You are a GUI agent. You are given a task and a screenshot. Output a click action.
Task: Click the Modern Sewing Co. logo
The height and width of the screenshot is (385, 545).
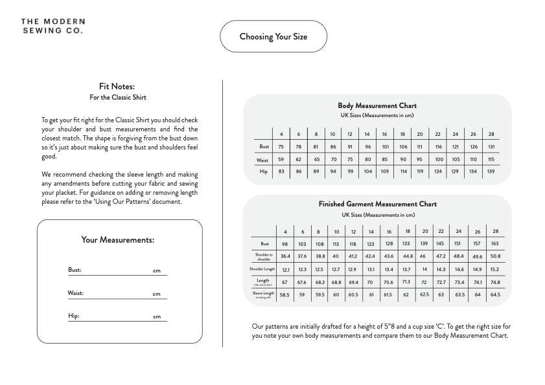[x=52, y=26]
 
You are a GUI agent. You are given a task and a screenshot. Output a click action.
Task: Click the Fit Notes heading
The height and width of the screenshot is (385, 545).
[x=117, y=86]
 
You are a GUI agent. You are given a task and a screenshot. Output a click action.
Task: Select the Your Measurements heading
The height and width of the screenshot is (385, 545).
[x=117, y=240]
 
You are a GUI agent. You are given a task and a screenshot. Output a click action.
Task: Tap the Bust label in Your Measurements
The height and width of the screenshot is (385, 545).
[x=75, y=270]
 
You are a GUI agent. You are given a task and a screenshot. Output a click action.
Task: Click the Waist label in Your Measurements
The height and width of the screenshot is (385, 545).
[x=76, y=293]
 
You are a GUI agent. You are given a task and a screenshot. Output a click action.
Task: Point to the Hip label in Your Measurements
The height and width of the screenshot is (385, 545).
[x=73, y=316]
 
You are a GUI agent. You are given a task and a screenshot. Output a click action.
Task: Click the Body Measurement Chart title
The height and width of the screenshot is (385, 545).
[x=377, y=105]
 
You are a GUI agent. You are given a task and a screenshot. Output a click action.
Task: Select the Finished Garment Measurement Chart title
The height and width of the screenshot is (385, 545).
[x=377, y=204]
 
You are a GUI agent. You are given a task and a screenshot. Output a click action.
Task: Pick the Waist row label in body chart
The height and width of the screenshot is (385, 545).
[x=262, y=159]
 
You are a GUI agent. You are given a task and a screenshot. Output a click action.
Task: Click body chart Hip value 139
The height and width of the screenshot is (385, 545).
[x=491, y=171]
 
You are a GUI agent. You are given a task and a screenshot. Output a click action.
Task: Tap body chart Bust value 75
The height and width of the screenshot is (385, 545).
[x=281, y=147]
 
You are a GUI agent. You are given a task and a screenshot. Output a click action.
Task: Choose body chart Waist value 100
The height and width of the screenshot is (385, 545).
[x=439, y=159]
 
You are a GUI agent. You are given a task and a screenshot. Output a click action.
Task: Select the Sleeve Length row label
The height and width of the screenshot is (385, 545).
[x=263, y=294]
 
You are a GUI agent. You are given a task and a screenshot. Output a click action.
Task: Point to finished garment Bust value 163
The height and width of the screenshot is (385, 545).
[x=495, y=244]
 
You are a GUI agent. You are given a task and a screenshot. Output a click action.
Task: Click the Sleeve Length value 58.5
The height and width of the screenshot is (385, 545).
[x=284, y=294]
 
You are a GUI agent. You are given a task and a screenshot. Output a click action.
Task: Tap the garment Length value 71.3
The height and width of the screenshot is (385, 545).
[x=406, y=281]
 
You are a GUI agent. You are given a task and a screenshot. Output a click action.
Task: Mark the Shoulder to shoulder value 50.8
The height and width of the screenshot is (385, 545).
[x=495, y=256]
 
